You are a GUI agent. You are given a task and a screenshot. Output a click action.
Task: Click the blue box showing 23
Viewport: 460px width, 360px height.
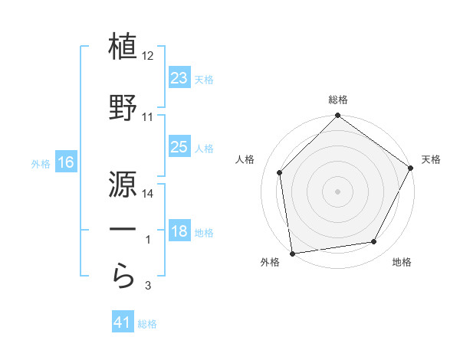click(x=179, y=78)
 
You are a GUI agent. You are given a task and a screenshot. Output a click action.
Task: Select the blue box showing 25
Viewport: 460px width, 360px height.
click(x=179, y=147)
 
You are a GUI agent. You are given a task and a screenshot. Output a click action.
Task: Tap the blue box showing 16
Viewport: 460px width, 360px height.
click(x=65, y=162)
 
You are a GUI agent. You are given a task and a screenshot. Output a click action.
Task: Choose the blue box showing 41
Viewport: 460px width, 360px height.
click(x=123, y=323)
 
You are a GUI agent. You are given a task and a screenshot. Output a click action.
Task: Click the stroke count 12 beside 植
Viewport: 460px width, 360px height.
click(x=148, y=57)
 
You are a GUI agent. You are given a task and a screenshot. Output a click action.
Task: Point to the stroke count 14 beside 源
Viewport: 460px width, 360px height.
click(x=148, y=194)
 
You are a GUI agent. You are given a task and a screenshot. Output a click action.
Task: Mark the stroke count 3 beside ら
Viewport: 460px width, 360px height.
click(x=148, y=286)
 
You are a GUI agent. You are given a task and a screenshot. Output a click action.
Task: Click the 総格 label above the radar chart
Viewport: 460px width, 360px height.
click(x=338, y=100)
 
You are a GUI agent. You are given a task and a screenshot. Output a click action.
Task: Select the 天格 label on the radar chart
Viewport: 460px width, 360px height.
click(x=432, y=159)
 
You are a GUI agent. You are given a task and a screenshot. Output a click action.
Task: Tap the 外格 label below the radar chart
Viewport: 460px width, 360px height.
click(x=270, y=263)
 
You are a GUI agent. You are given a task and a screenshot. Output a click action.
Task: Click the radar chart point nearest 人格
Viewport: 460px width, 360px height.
click(x=280, y=172)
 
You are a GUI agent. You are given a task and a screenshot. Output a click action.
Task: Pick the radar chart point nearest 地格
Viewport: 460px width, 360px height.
click(x=374, y=242)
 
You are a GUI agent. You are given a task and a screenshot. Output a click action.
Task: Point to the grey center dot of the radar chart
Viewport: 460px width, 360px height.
click(x=338, y=191)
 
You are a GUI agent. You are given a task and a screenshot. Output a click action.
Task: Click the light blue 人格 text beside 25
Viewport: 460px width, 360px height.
click(x=204, y=148)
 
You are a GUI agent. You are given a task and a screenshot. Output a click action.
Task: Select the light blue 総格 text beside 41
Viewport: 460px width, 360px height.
click(x=147, y=324)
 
